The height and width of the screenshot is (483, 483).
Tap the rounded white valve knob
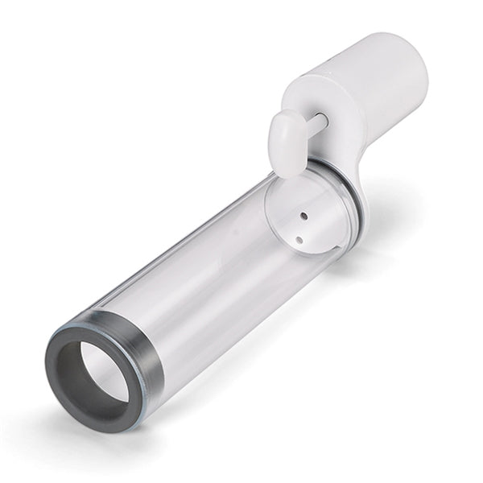coord(287,142)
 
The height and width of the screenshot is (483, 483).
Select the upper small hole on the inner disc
coord(303,216)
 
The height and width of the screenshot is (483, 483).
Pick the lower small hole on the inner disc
coord(299,239)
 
